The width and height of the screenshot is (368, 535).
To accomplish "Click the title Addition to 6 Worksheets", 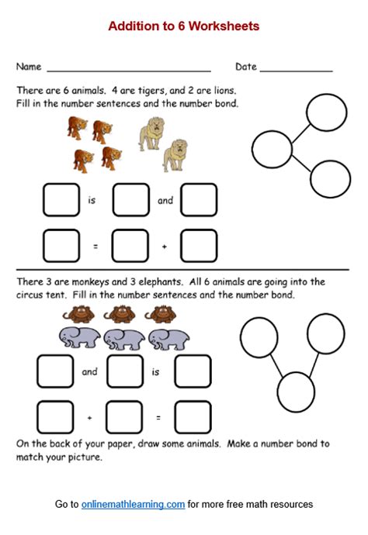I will tap(184, 26).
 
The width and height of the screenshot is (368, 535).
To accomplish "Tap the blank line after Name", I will tap(129, 69).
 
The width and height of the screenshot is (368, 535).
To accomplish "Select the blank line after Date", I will tap(296, 69).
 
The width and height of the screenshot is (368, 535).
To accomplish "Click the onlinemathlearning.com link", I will tap(133, 505).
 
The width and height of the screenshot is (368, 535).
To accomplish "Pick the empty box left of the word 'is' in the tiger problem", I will tap(61, 200).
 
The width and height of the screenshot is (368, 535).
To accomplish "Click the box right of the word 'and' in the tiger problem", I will tap(198, 200).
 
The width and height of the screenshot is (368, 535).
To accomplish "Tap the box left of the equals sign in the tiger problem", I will tap(61, 246).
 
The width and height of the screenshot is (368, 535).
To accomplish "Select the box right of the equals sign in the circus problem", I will tap(193, 417).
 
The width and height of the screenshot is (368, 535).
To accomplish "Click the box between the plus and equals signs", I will tap(125, 417).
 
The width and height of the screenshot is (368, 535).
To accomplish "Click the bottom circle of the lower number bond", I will tap(297, 392).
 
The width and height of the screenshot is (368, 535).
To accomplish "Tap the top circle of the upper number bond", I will tap(326, 112).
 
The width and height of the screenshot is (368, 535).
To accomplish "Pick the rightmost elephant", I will tap(170, 339).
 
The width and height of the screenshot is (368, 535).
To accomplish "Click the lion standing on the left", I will tap(151, 133).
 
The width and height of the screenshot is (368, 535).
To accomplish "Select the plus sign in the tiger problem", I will tap(165, 247).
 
